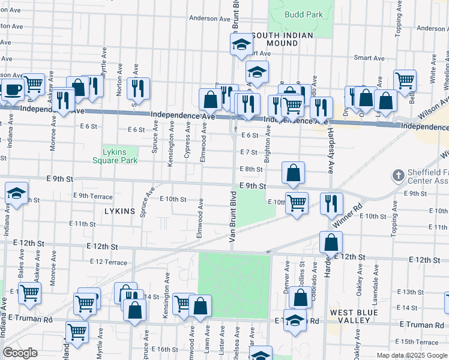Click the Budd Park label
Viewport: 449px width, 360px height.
304,15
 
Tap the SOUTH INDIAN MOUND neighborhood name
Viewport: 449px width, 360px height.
282,40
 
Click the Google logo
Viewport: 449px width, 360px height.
20,353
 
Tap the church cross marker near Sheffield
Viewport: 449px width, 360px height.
397,176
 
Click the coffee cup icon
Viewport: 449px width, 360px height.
13,89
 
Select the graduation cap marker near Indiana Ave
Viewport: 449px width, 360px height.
16,193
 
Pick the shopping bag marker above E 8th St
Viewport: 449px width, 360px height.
293,173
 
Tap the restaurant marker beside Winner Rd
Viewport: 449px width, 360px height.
331,204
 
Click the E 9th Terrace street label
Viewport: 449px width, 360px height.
92,196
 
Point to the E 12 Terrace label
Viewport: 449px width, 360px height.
109,262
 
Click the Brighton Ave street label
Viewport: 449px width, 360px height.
268,140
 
